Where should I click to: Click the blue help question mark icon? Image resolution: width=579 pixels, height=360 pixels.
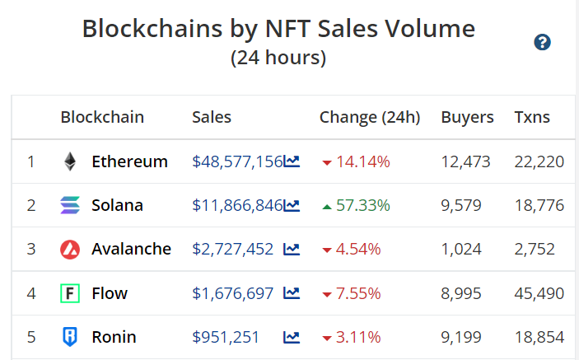click(542, 43)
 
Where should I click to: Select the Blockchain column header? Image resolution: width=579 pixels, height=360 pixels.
click(102, 117)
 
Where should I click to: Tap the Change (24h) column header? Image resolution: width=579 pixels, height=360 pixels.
click(370, 117)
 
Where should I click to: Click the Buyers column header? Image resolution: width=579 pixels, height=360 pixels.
click(467, 117)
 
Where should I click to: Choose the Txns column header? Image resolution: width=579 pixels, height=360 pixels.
click(532, 117)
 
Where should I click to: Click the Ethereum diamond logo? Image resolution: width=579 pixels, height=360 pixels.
click(70, 161)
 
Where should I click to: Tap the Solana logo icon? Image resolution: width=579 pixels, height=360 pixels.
click(70, 205)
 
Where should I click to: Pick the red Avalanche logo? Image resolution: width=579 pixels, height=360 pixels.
click(70, 249)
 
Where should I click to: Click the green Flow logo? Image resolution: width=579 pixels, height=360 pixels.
click(70, 293)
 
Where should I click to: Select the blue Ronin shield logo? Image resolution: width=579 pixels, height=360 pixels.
click(70, 337)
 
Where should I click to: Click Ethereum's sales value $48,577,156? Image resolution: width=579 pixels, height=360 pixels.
click(237, 161)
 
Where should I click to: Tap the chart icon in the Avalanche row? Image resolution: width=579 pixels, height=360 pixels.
click(292, 249)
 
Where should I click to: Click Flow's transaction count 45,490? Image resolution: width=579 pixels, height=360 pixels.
click(539, 293)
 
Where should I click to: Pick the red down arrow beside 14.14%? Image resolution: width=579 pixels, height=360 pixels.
click(327, 162)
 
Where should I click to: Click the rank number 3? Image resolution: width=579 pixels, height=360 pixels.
click(31, 249)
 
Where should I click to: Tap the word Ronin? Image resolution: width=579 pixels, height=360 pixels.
click(114, 337)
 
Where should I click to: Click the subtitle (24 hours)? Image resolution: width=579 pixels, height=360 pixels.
click(278, 58)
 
